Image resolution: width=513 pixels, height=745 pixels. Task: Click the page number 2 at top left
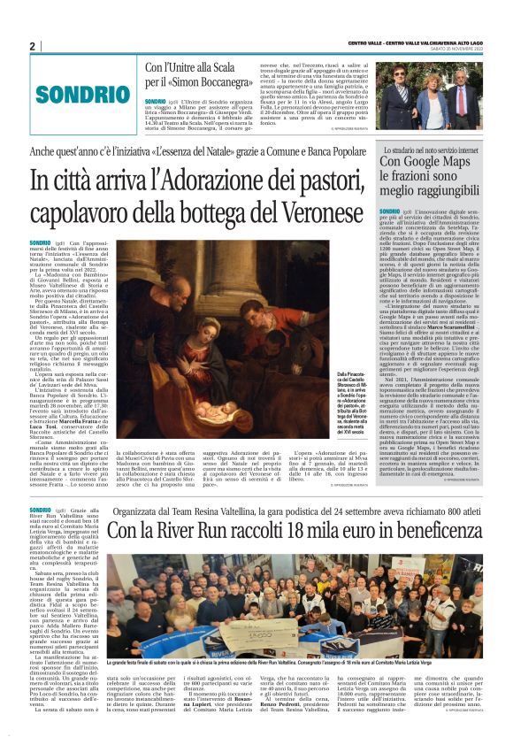point(32,46)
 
